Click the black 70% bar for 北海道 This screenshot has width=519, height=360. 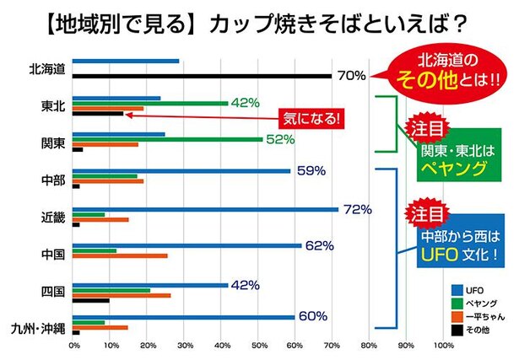(203, 77)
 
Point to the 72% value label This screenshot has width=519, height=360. (357, 208)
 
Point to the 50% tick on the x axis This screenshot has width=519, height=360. (258, 344)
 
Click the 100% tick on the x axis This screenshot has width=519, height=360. (442, 344)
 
